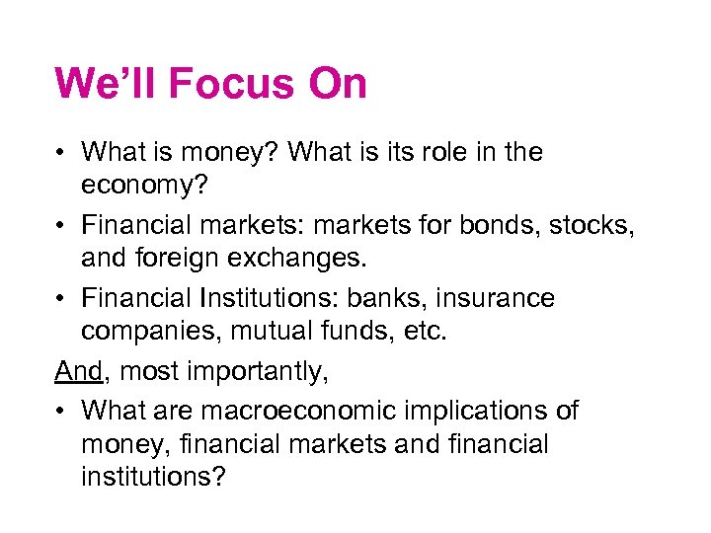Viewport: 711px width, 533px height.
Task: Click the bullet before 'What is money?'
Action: (61, 153)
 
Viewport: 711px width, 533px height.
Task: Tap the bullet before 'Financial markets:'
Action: (61, 226)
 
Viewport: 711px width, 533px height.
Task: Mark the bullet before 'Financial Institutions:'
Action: (61, 299)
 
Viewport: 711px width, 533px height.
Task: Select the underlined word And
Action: (78, 372)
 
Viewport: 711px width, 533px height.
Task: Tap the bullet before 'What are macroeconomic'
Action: (61, 410)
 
